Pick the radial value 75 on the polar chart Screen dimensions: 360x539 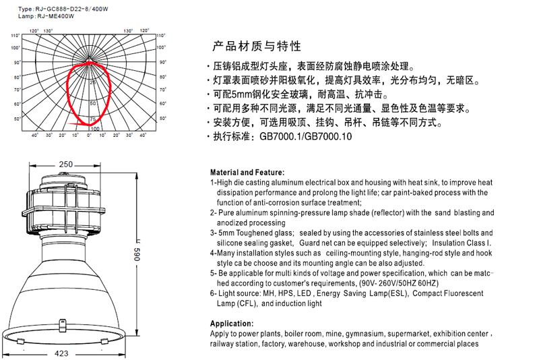click(92, 119)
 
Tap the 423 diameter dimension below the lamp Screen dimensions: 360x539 click(61, 353)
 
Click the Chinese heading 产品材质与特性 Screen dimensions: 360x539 click(257, 47)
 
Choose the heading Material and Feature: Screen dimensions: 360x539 click(247, 173)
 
